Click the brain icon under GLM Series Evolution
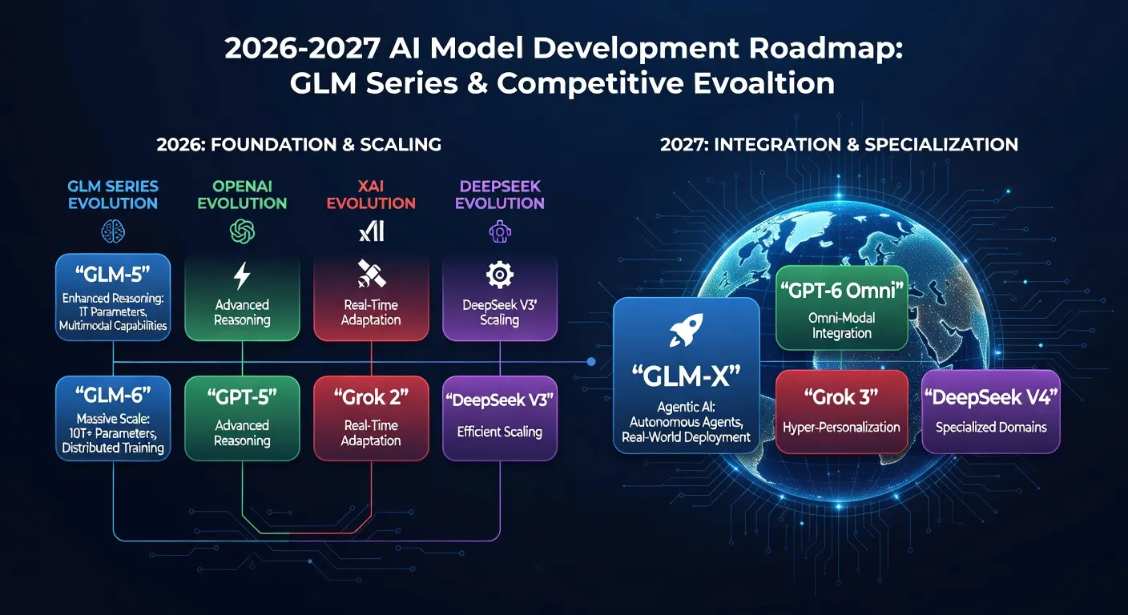tap(113, 231)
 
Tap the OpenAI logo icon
tap(242, 231)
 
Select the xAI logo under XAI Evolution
tap(371, 231)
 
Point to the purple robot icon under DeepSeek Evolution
tap(500, 231)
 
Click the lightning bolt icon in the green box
tap(242, 276)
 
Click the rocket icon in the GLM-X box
tap(687, 330)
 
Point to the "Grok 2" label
tap(371, 396)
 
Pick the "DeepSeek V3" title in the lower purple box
tap(500, 398)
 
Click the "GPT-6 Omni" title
tap(841, 291)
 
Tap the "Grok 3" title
tap(841, 396)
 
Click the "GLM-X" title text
tap(687, 376)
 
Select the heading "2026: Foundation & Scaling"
tap(299, 145)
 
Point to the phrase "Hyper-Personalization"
tap(841, 428)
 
